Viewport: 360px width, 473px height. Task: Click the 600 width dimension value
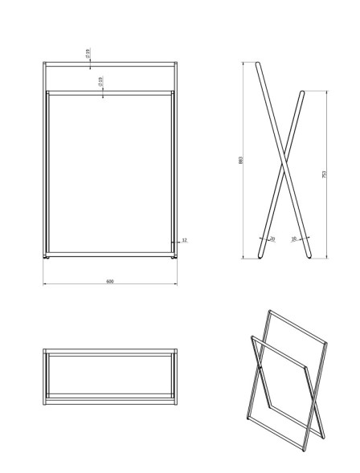click(x=110, y=281)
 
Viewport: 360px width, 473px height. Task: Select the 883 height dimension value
click(x=240, y=160)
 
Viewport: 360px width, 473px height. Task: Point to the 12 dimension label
click(x=184, y=240)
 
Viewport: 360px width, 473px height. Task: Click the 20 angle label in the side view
click(x=272, y=239)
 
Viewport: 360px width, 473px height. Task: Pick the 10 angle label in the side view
click(x=294, y=239)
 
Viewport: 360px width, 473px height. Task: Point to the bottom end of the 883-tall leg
click(x=309, y=257)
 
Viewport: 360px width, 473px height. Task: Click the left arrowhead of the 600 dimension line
click(x=45, y=284)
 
